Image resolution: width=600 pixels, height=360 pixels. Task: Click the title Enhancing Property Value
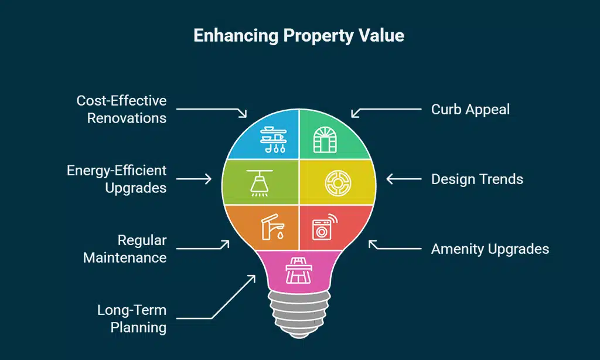299,36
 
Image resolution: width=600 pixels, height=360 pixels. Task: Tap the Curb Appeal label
471,110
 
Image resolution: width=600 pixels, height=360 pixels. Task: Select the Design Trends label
477,179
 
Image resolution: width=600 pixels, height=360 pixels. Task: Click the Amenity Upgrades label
490,249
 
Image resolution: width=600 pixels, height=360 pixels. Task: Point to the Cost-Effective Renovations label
121,110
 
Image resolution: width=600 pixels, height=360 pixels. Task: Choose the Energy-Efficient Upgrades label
117,179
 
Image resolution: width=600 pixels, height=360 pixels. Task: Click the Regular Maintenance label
125,249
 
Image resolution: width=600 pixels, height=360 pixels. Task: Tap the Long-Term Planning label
132,318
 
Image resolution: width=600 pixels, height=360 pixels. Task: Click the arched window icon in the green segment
325,140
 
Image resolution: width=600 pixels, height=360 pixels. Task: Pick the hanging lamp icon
260,183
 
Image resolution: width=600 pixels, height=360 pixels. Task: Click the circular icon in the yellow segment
338,183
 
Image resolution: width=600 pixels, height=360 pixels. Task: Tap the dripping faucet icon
272,227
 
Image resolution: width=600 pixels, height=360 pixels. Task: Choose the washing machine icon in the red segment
325,227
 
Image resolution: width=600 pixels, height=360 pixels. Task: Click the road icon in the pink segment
299,270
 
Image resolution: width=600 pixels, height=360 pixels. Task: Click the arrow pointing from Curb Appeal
386,111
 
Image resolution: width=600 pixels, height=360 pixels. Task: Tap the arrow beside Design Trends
404,179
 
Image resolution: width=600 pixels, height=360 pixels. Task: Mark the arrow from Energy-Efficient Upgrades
193,179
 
